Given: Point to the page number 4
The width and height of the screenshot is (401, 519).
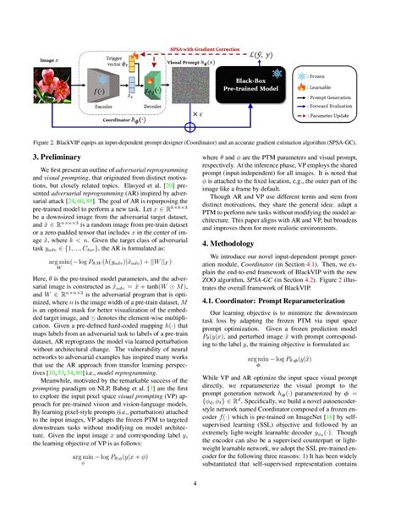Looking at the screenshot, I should (200, 507).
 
